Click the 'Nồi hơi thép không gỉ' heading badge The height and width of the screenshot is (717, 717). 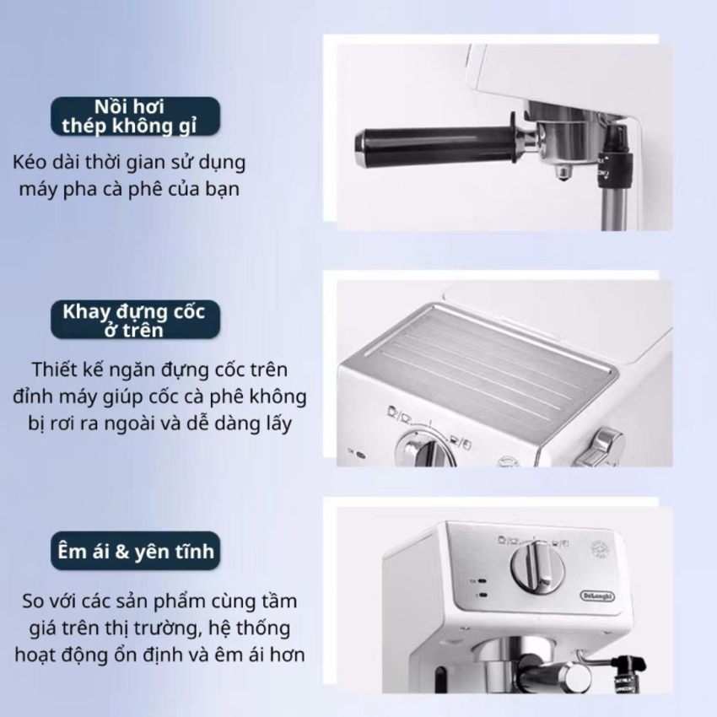pos(135,116)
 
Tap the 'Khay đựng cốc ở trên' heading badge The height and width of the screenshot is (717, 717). pos(135,320)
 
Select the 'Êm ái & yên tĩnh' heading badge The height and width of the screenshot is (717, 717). pos(135,551)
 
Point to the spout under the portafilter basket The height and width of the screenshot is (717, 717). pos(562,172)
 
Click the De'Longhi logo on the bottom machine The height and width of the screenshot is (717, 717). pos(597,596)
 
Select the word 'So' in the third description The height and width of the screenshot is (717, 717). pos(33,601)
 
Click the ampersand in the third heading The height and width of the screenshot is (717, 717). pos(122,552)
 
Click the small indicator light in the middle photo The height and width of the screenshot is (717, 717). pos(360,456)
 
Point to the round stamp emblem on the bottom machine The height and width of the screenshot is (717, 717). pos(600,548)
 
